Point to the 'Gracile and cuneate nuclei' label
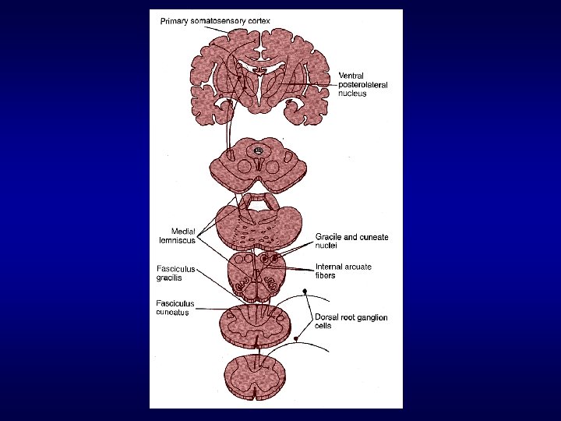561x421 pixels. [351, 240]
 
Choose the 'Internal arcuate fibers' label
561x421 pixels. [343, 271]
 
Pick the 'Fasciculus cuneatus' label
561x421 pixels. [175, 308]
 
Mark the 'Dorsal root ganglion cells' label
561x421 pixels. [351, 321]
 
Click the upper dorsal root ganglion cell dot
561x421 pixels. [305, 295]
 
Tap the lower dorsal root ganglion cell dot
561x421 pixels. [299, 338]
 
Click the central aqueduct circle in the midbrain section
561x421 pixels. [258, 149]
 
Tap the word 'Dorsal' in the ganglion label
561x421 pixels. [328, 317]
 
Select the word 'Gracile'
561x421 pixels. [330, 236]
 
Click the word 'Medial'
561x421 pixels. [183, 231]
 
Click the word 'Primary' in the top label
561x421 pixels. [175, 21]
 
